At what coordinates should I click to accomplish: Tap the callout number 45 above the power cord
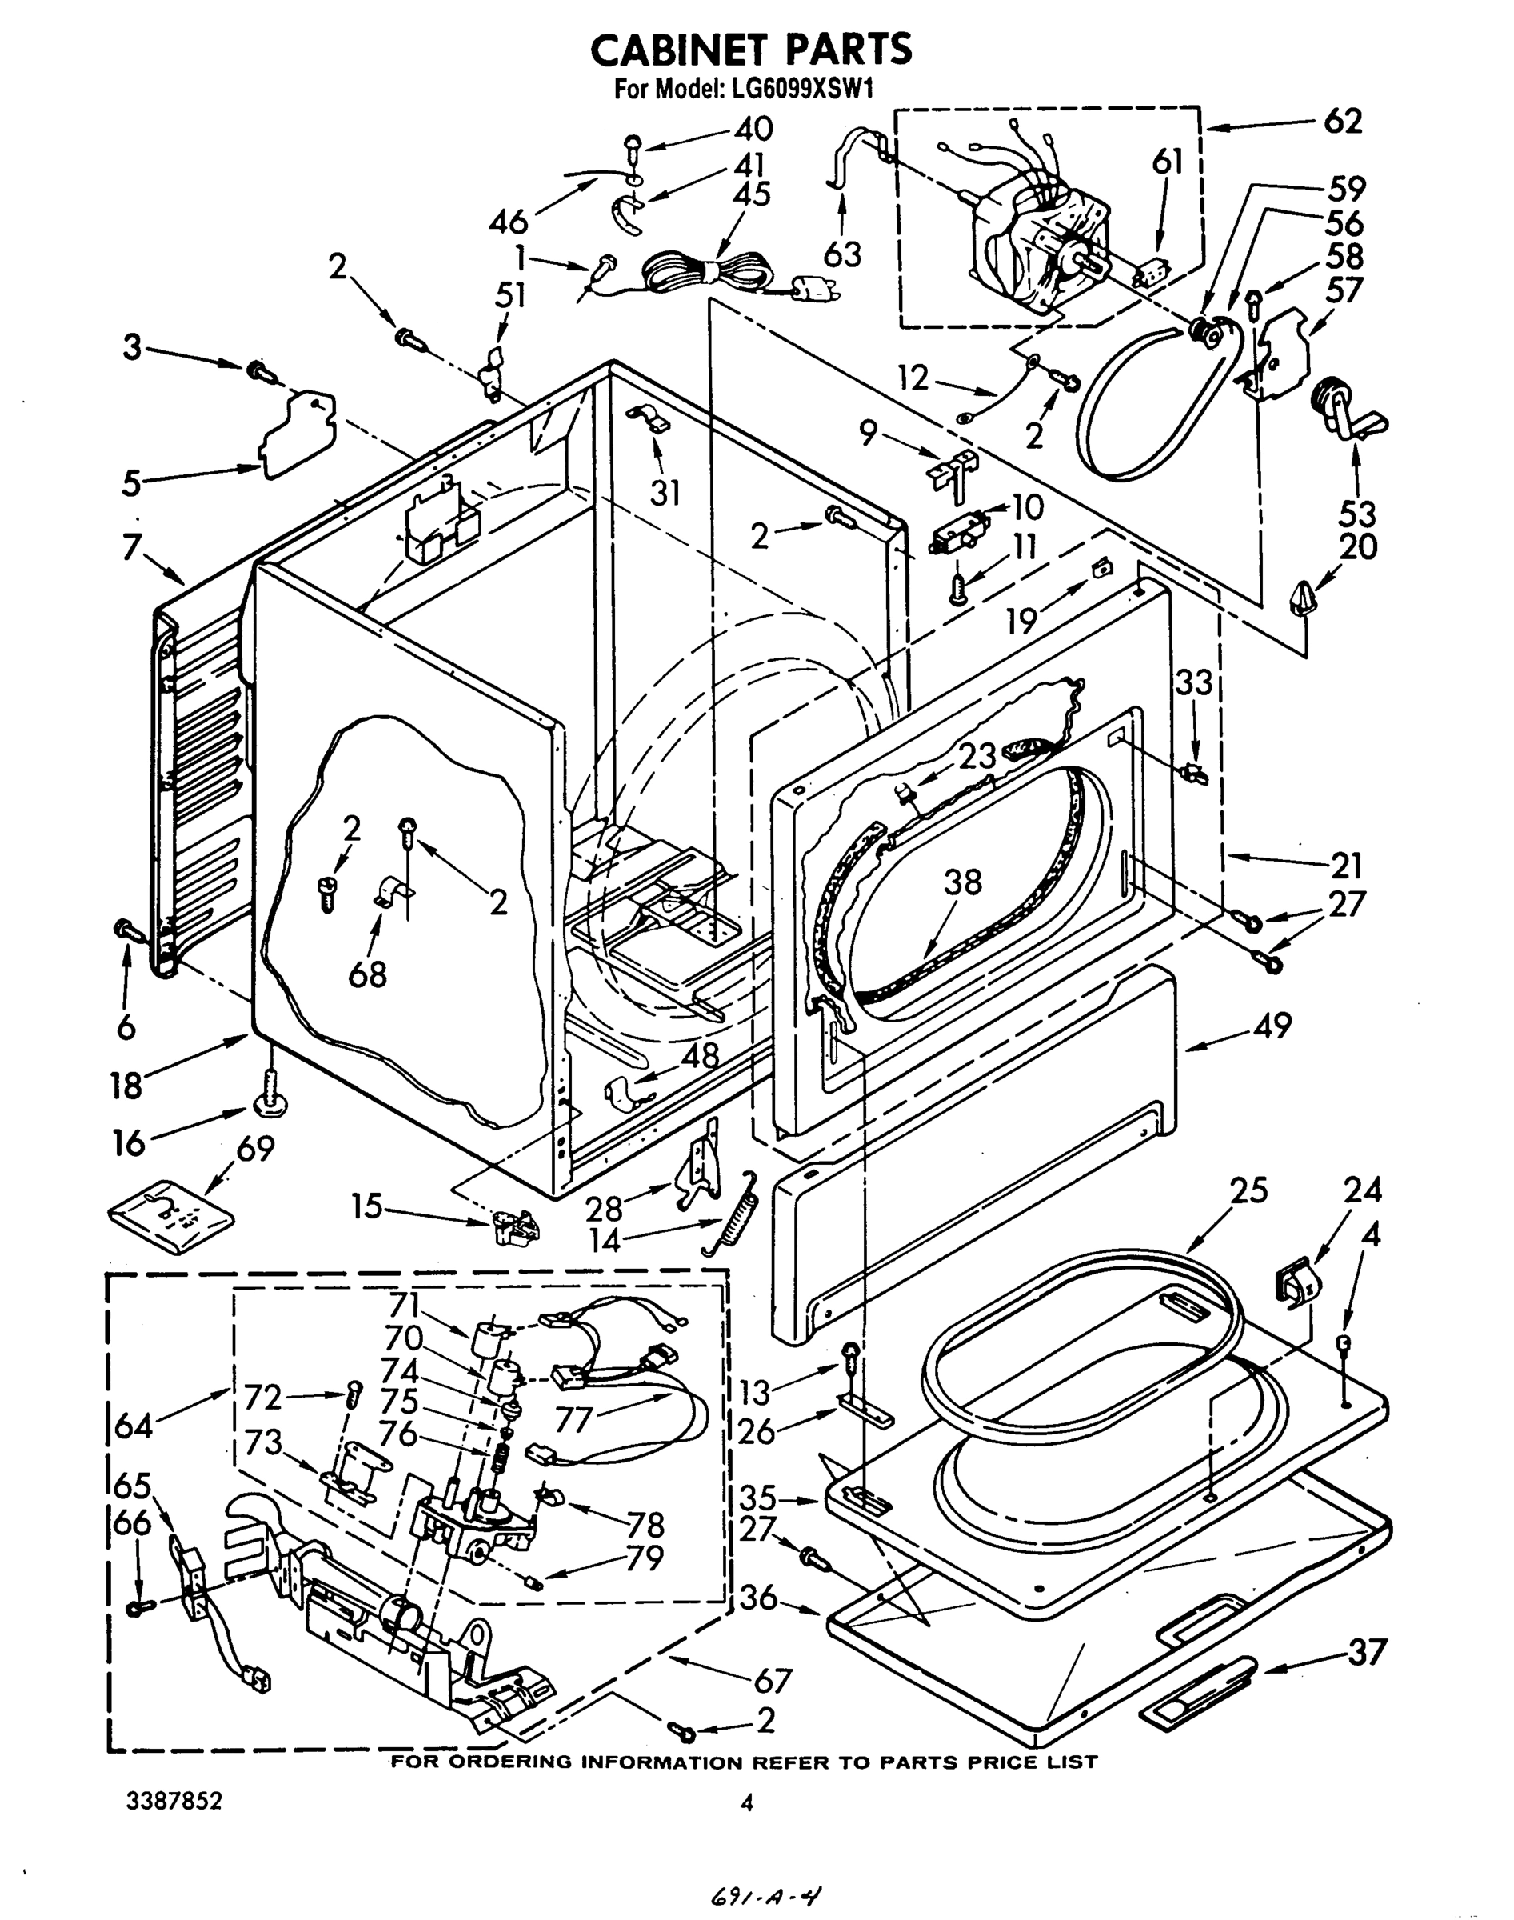pos(753,194)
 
